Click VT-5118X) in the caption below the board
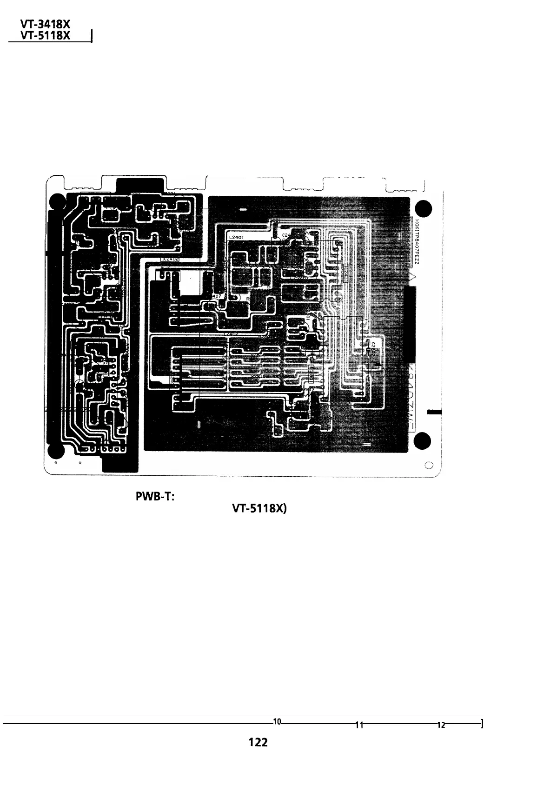tap(260, 510)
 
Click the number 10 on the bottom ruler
tap(277, 721)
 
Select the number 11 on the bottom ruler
tap(359, 724)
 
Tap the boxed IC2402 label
tap(170, 259)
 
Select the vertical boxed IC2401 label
tap(346, 273)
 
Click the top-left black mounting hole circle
tap(57, 201)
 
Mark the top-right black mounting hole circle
tap(424, 208)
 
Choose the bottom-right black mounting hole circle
tap(424, 440)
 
